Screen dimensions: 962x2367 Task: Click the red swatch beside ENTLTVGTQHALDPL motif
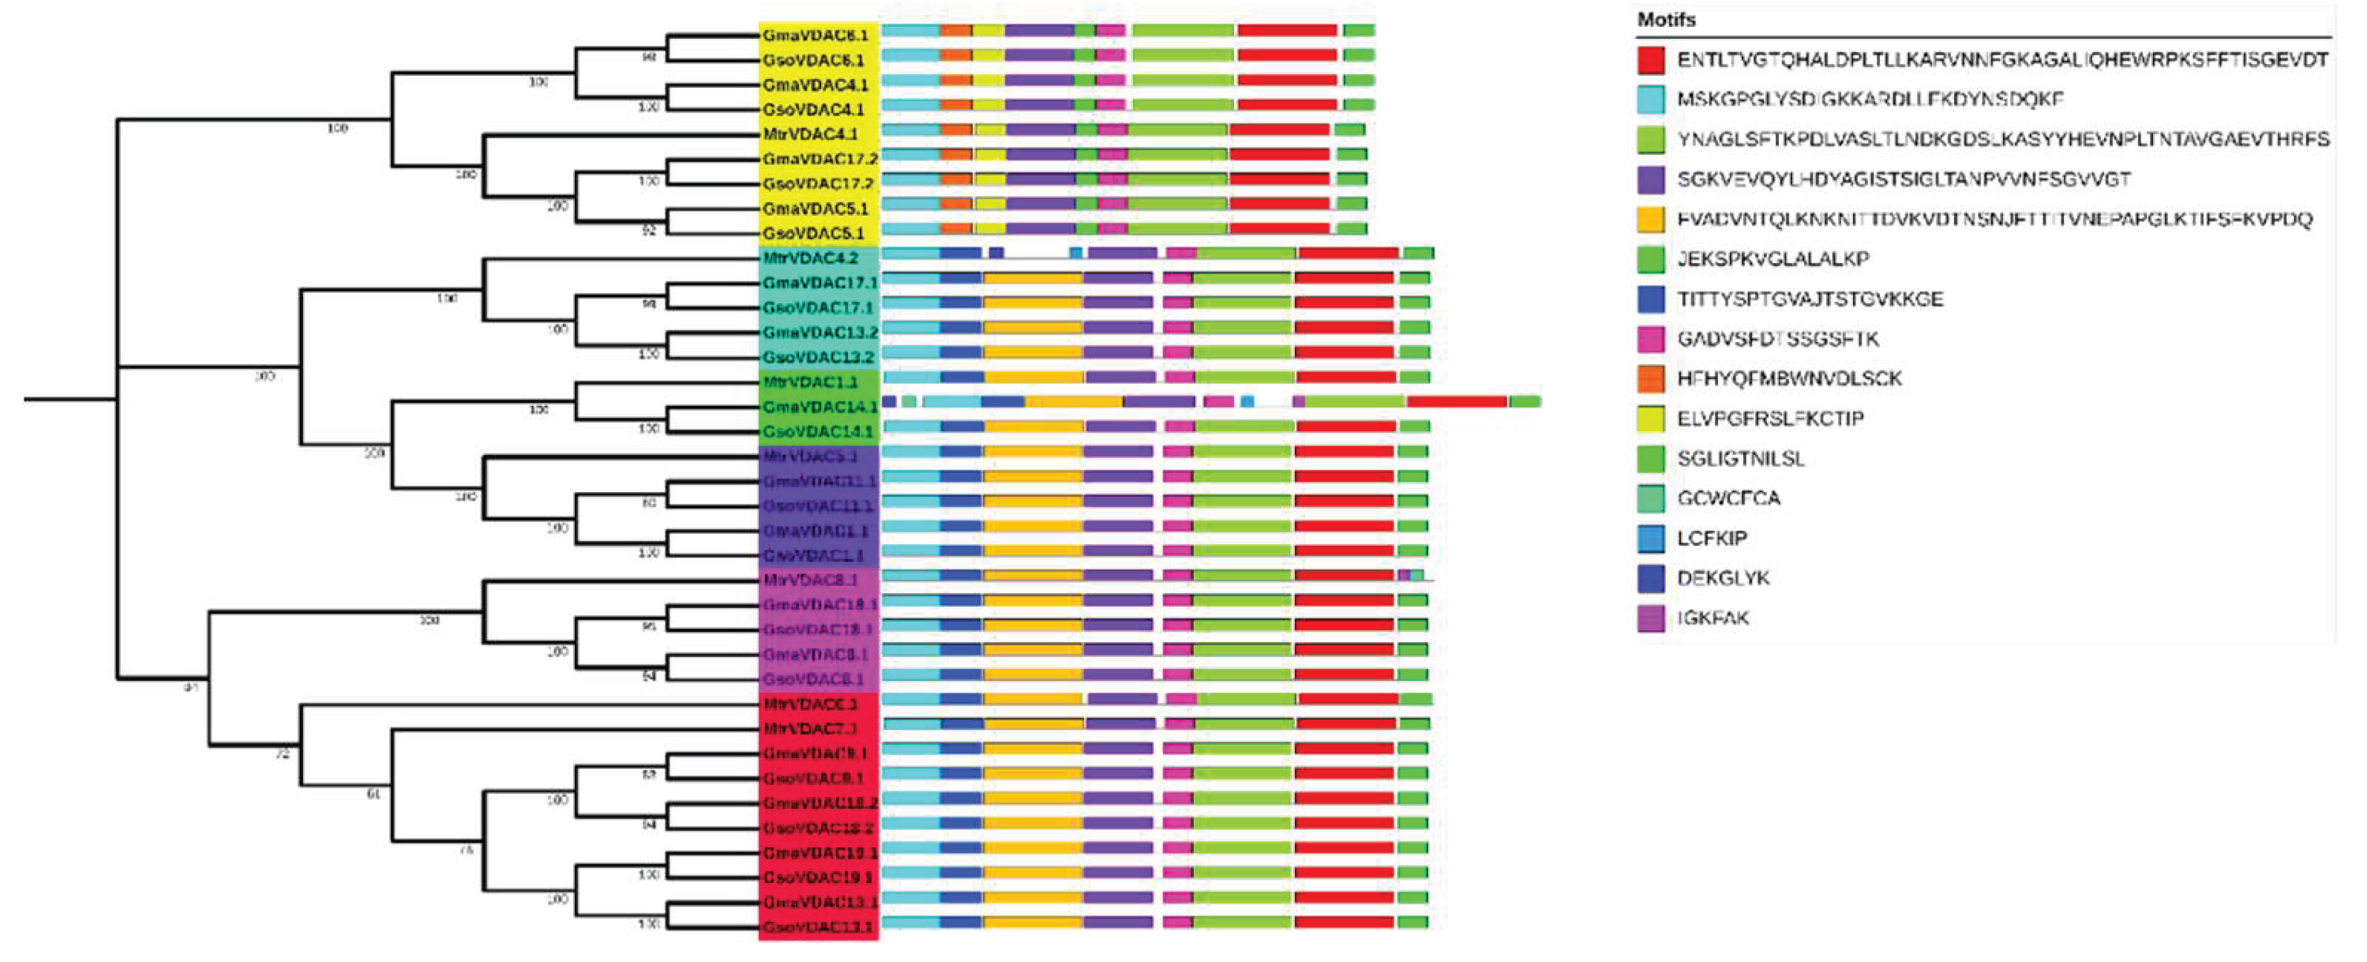point(1650,61)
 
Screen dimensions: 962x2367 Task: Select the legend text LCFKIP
point(1712,539)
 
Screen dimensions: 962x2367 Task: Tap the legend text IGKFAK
point(1712,618)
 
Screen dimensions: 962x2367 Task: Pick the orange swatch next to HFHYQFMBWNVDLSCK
point(1650,378)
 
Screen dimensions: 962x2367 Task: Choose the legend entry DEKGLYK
point(1723,578)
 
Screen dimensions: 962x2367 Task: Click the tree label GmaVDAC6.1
point(814,36)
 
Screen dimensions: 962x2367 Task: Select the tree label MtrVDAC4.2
point(809,258)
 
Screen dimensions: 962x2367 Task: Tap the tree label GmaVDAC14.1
point(819,407)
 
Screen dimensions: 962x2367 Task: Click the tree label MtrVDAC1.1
point(809,382)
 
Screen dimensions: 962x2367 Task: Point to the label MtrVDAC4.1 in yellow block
point(809,134)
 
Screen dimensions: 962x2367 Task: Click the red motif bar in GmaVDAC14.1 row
point(1457,401)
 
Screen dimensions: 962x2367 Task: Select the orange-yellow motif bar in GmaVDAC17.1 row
point(1033,277)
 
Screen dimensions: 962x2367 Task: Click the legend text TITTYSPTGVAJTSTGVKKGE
point(1810,299)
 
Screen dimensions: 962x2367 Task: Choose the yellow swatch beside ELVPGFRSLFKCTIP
point(1650,419)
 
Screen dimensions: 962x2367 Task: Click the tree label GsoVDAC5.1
point(812,233)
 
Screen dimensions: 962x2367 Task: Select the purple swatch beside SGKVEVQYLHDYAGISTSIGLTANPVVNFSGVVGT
point(1650,180)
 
